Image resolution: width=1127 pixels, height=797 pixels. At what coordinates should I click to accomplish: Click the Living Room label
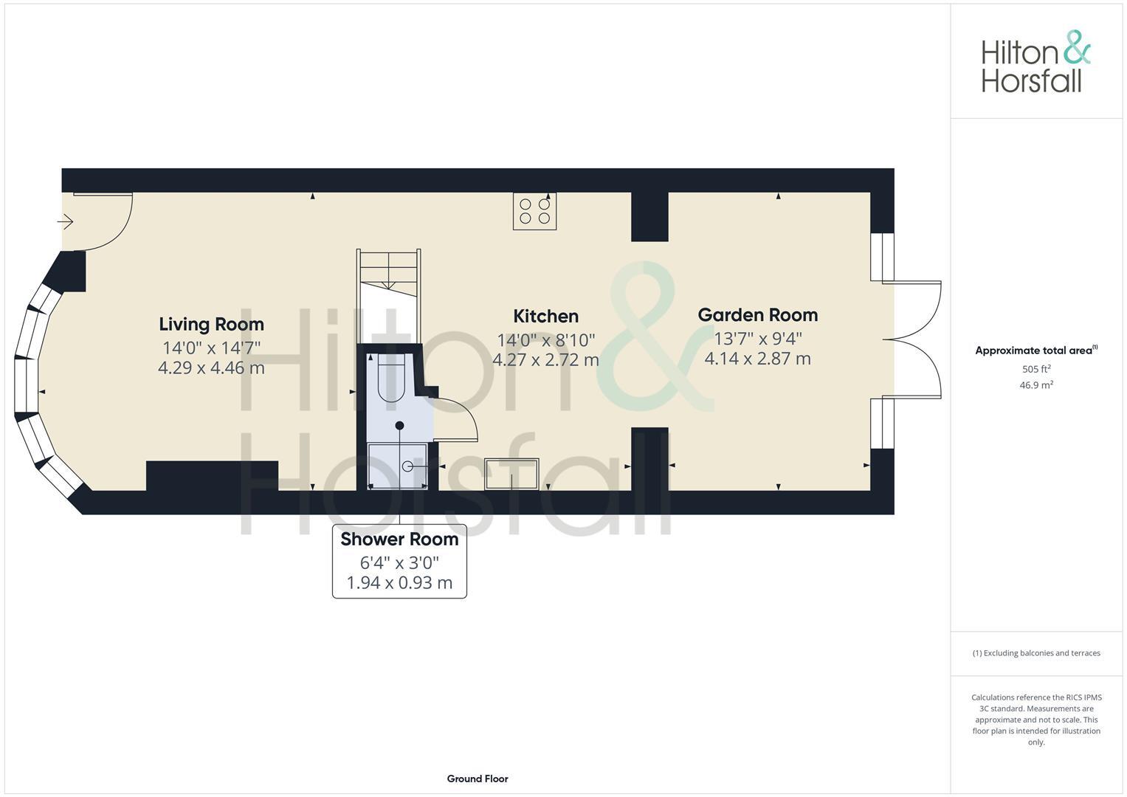211,324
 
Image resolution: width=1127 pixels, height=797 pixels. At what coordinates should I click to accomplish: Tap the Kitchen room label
545,316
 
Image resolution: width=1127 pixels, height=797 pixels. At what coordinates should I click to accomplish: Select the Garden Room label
757,314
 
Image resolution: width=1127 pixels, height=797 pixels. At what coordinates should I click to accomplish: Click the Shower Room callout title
399,539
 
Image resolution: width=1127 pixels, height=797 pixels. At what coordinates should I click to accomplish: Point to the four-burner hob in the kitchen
534,211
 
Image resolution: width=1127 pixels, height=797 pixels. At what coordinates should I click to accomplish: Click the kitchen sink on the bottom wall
511,474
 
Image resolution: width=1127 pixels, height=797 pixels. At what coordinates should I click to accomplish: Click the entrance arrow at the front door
66,221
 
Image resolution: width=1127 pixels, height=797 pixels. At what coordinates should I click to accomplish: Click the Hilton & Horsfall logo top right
1035,62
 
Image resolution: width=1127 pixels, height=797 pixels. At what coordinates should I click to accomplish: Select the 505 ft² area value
1035,369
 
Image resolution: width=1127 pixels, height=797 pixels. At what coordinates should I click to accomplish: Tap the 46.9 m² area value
1035,385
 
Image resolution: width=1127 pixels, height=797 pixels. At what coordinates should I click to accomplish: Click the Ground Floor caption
477,779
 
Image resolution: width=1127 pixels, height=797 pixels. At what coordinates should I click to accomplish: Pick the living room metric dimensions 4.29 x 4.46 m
211,368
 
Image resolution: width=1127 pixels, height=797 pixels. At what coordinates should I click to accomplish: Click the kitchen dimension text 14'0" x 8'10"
545,340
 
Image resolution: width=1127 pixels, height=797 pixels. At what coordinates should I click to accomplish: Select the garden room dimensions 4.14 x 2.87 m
757,359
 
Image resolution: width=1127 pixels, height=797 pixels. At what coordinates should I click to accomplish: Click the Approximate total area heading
1035,351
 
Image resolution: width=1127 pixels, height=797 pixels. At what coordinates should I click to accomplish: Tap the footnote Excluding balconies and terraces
1035,653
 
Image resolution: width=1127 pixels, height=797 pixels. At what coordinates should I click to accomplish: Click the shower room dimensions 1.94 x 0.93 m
399,583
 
